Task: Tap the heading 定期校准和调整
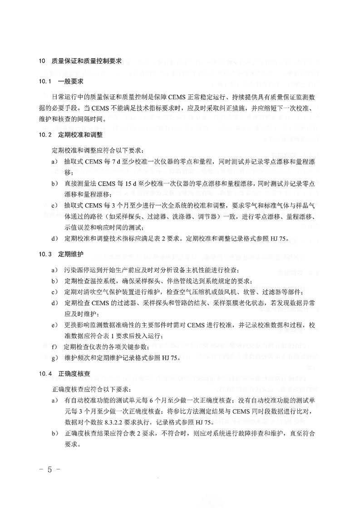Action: (x=78, y=135)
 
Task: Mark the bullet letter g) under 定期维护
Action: (x=54, y=357)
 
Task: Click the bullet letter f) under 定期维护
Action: (x=54, y=347)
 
